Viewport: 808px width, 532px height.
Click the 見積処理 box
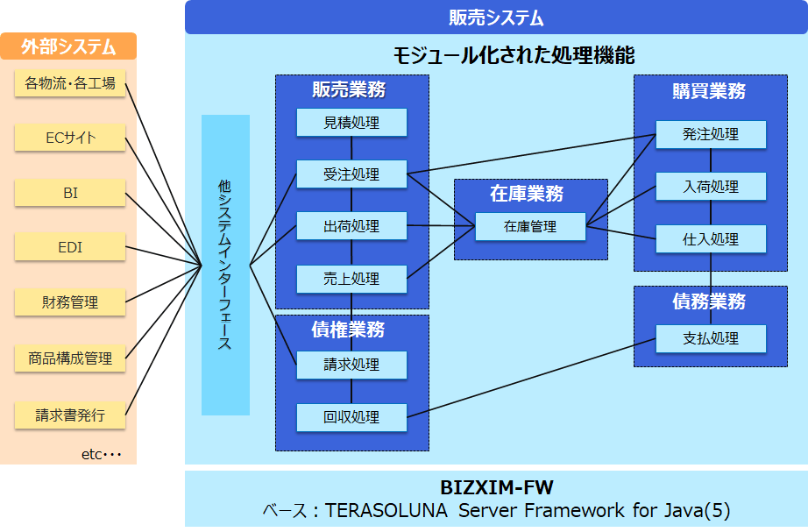click(351, 123)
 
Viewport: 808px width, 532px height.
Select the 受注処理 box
click(351, 174)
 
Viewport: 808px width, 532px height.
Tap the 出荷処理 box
click(351, 226)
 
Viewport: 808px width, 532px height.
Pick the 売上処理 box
click(351, 279)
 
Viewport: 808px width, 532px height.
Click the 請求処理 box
click(351, 365)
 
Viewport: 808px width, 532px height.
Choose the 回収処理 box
click(351, 417)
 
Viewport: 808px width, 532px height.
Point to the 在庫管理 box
click(530, 226)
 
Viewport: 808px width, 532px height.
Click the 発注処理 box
click(711, 134)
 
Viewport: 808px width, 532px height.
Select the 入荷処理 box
click(711, 187)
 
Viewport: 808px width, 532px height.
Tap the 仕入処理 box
click(711, 238)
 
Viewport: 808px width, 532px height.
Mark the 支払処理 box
click(711, 338)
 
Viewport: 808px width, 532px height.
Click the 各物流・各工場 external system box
click(70, 83)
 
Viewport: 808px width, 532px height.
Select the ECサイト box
click(70, 138)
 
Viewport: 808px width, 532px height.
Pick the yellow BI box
click(70, 193)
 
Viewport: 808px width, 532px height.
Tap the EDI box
click(70, 247)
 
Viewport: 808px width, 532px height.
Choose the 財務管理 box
click(70, 302)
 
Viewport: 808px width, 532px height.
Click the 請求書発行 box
click(70, 415)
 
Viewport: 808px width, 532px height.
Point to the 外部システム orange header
click(68, 46)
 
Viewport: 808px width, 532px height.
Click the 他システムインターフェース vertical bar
click(225, 265)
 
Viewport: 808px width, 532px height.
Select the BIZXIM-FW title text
click(496, 487)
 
